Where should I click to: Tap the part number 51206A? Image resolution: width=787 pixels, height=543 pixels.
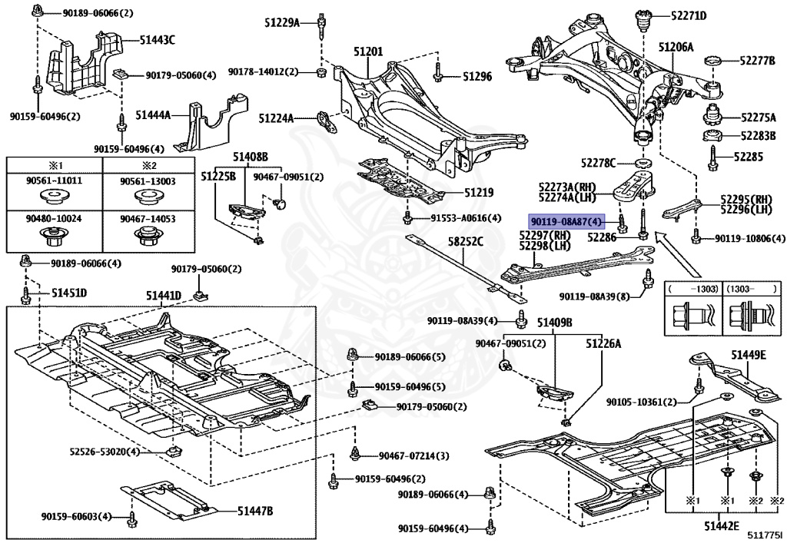tap(676, 47)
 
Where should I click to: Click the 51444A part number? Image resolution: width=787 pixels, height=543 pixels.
tap(153, 114)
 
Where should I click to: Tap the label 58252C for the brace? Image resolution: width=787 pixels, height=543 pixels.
tap(466, 241)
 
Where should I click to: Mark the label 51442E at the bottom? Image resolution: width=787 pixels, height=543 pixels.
tap(720, 526)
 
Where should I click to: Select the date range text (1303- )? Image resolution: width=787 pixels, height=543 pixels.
tap(748, 290)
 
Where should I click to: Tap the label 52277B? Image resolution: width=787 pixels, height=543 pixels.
tap(757, 60)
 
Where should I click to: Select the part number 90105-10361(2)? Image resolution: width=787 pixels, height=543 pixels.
tap(641, 402)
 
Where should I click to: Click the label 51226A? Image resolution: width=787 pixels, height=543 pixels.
tap(604, 344)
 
